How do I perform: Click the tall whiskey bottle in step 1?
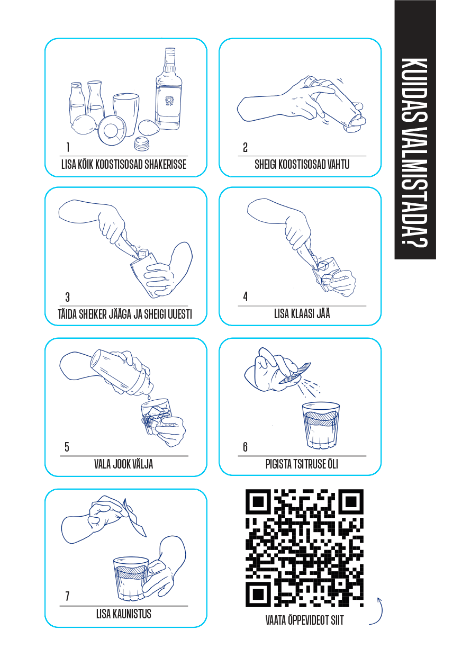click(168, 89)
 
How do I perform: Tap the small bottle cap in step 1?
click(141, 144)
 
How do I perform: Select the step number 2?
click(245, 148)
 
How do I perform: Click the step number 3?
click(67, 297)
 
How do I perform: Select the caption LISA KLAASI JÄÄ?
click(302, 313)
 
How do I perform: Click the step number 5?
click(67, 447)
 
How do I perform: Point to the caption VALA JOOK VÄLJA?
click(123, 464)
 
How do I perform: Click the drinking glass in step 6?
click(321, 425)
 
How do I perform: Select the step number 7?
click(67, 596)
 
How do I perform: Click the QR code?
click(304, 547)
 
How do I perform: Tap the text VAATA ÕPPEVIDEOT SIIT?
click(305, 620)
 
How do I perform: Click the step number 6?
click(245, 447)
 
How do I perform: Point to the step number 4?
click(246, 296)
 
